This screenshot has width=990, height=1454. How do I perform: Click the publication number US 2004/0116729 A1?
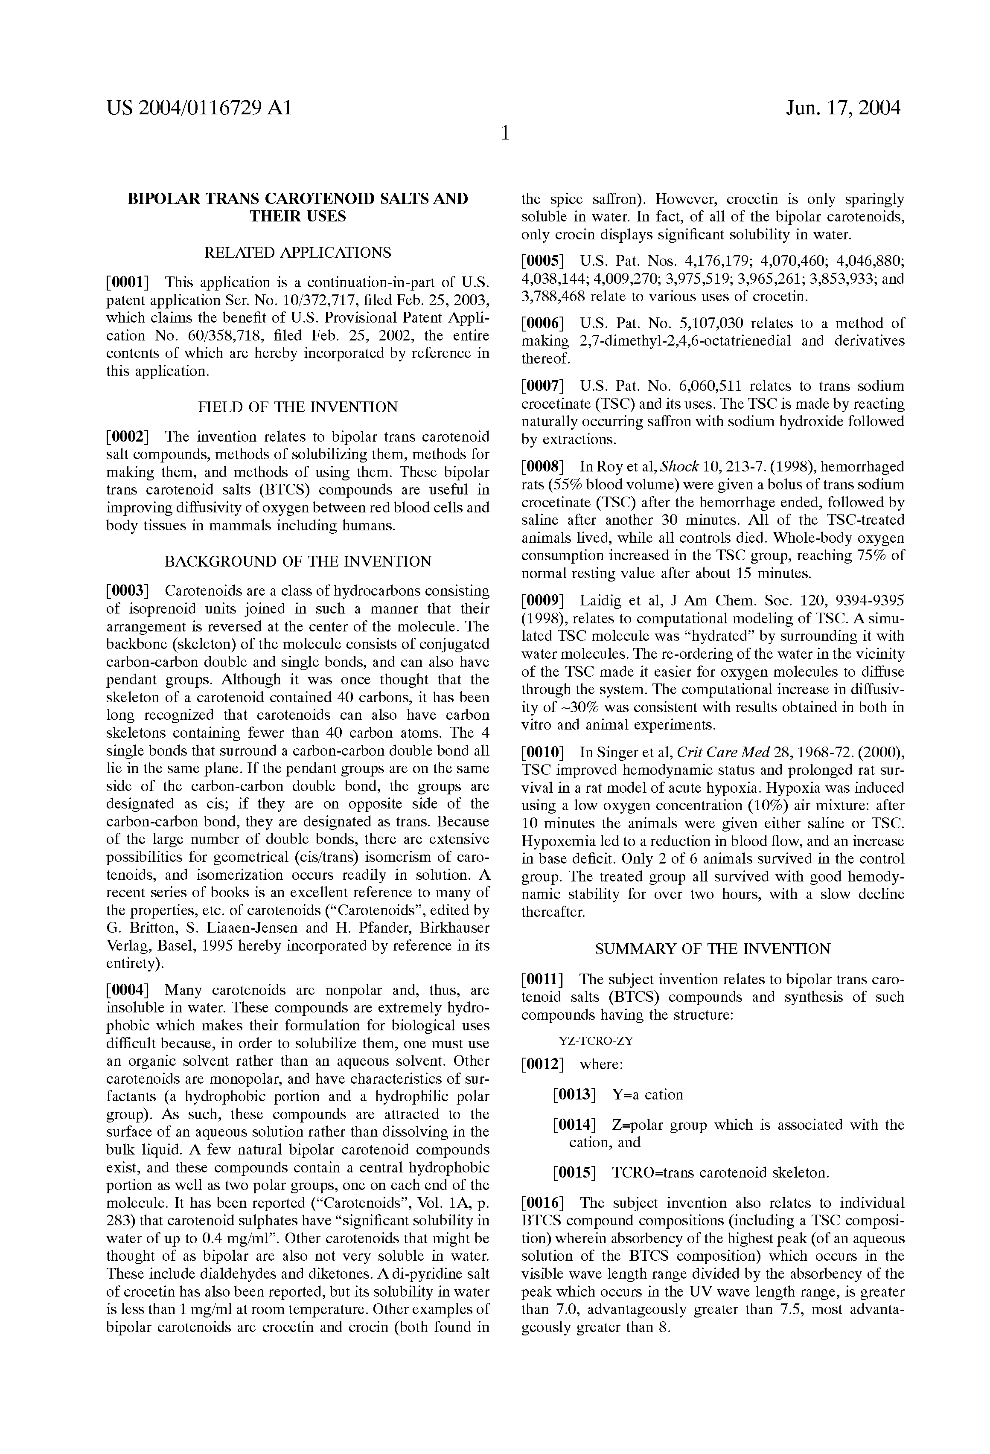pyautogui.click(x=199, y=109)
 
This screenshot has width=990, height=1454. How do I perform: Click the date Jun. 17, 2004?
pyautogui.click(x=843, y=109)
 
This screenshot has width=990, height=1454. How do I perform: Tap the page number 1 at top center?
pyautogui.click(x=505, y=133)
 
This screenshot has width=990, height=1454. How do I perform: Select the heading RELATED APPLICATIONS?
pyautogui.click(x=298, y=253)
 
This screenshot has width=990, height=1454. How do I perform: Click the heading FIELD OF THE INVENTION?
pyautogui.click(x=298, y=407)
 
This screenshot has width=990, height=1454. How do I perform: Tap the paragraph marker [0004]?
pyautogui.click(x=127, y=990)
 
